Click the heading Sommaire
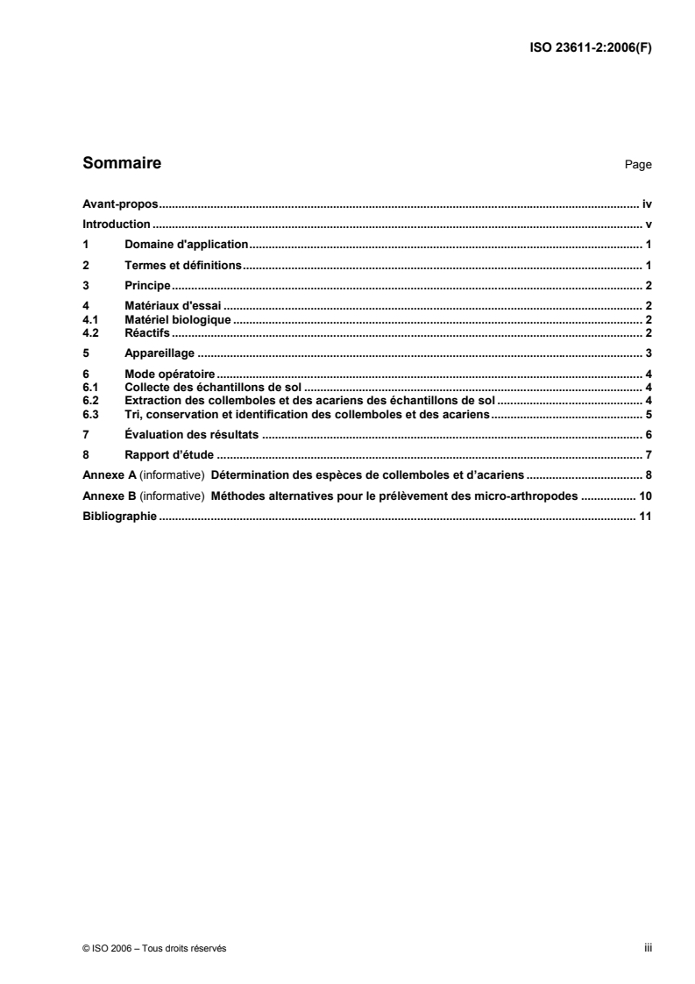121,163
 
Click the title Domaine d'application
188,245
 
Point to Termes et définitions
183,265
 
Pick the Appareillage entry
160,353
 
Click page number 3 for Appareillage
649,353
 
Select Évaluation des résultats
191,434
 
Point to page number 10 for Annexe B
645,496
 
